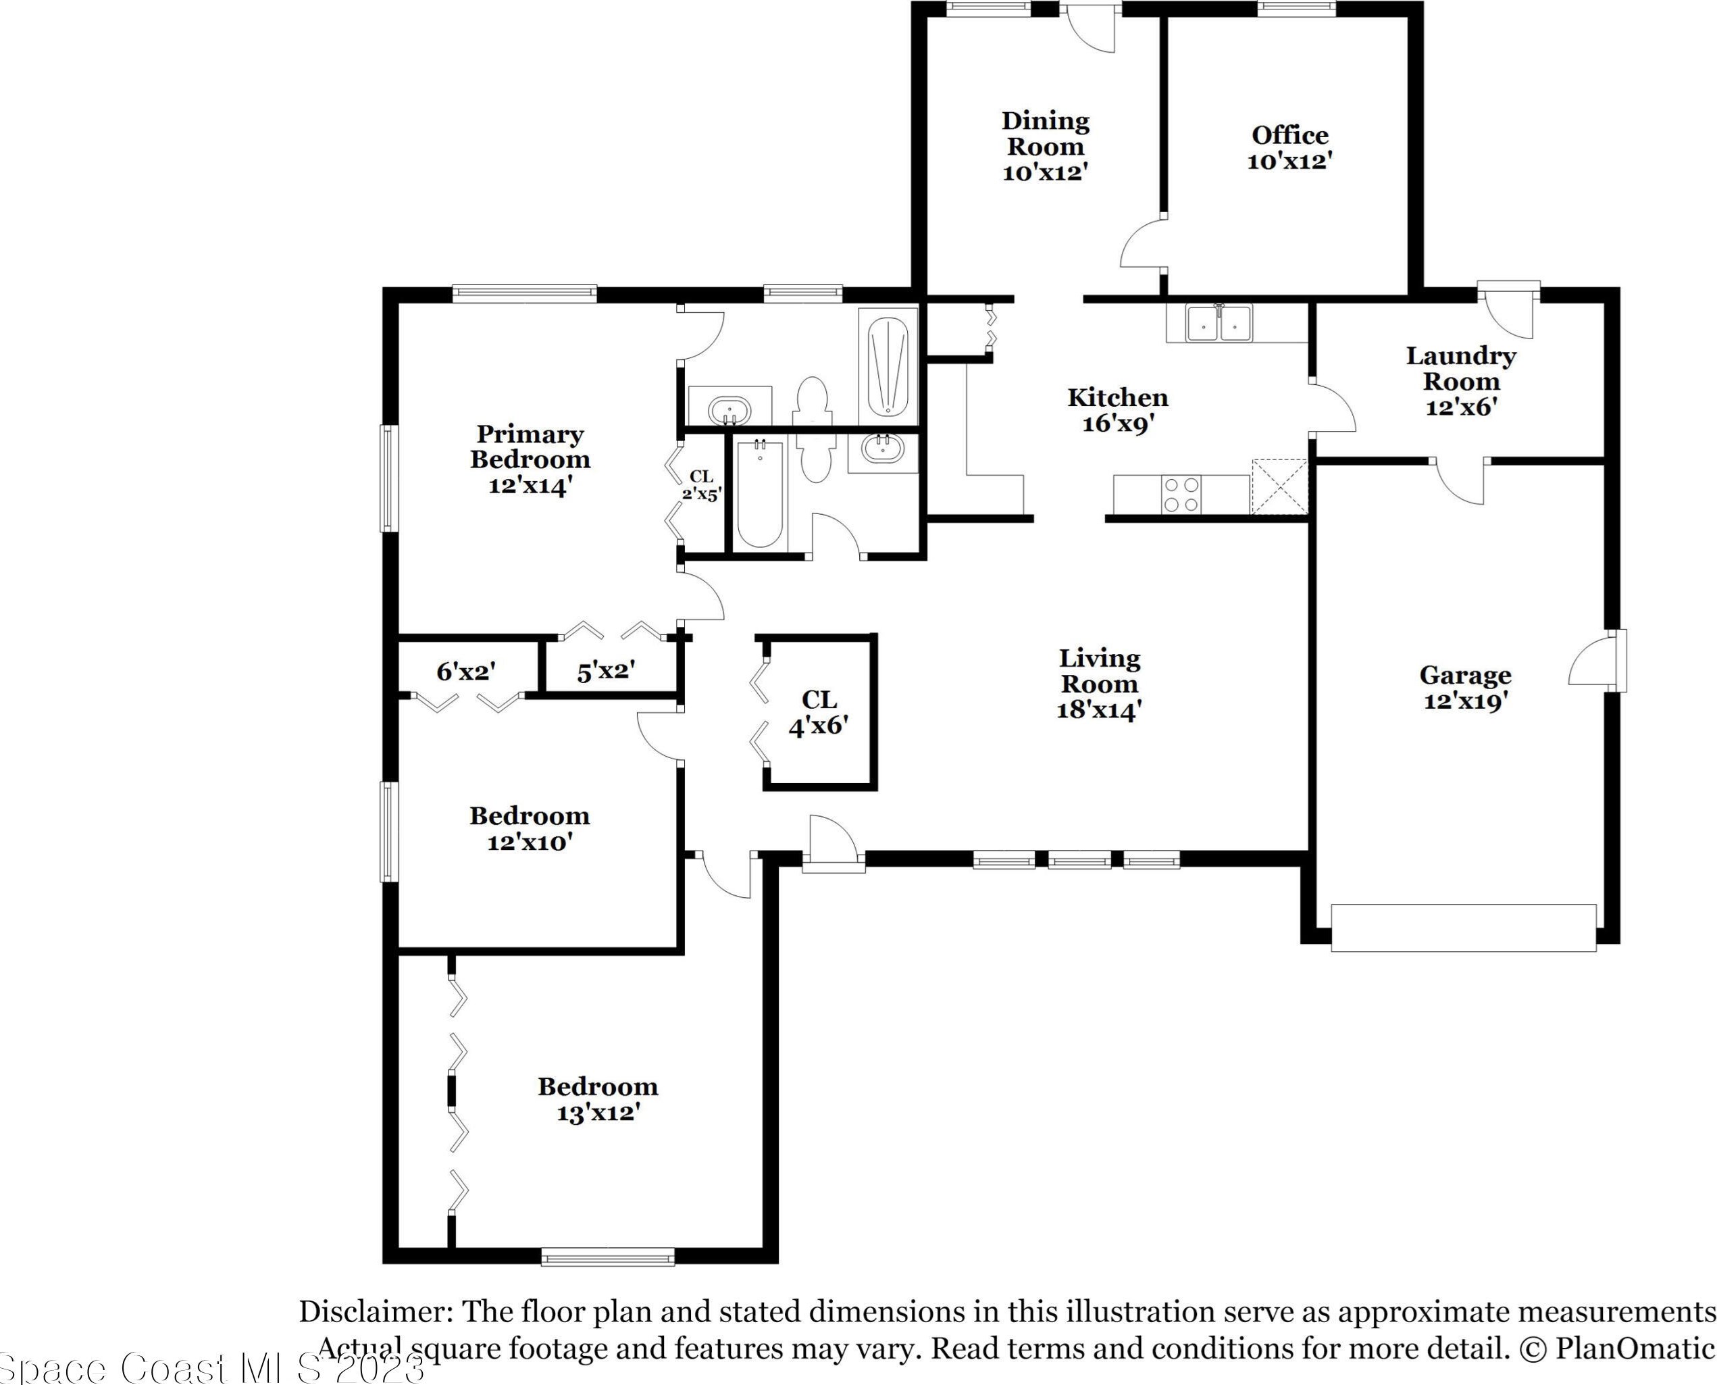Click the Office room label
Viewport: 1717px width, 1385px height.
[x=1289, y=147]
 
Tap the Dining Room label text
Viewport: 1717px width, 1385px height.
[x=1045, y=146]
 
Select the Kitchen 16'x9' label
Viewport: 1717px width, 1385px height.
[x=1117, y=410]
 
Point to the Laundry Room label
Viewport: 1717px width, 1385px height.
[x=1460, y=380]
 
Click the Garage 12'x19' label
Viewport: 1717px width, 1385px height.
[x=1465, y=688]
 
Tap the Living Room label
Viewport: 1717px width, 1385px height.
[x=1099, y=684]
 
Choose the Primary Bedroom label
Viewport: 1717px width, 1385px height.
[x=530, y=459]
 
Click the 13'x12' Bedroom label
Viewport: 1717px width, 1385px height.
[x=597, y=1099]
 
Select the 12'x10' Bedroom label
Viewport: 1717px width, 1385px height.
[x=530, y=828]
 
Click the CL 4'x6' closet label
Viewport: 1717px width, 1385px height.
[x=818, y=713]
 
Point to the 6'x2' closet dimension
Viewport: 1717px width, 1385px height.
[x=467, y=671]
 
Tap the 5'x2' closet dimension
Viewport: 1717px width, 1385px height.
[x=606, y=671]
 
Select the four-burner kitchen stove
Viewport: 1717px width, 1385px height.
[x=1181, y=494]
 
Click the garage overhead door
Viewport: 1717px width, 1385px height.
[x=1464, y=927]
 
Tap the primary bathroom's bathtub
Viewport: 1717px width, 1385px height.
[x=888, y=366]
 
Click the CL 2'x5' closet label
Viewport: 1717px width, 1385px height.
[x=702, y=485]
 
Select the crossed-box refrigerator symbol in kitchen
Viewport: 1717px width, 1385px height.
[x=1279, y=486]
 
